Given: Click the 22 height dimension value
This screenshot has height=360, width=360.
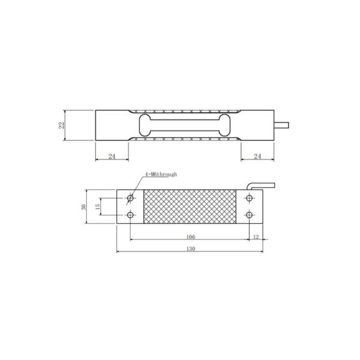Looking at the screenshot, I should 61,125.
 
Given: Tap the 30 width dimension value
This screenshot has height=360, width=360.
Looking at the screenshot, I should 83,206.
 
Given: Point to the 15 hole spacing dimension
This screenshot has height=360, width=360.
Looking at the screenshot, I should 98,206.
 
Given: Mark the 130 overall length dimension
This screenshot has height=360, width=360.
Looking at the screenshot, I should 191,248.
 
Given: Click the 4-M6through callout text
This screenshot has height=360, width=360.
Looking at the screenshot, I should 160,174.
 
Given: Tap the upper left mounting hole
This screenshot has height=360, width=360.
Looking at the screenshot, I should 130,197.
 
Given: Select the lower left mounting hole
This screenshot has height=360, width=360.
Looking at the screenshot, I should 130,215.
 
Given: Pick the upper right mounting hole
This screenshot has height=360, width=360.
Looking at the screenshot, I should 250,197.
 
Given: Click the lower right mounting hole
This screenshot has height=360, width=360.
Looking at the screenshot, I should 250,215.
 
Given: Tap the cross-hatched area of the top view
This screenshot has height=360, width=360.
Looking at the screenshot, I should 191,206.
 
